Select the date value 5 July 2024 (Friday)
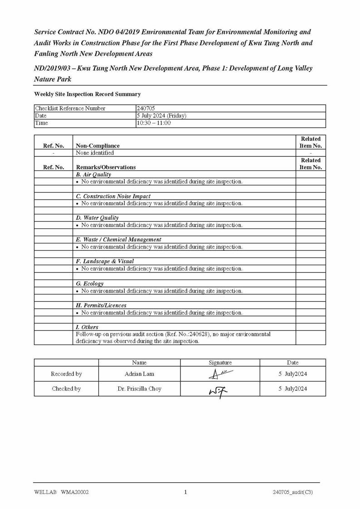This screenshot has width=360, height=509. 162,116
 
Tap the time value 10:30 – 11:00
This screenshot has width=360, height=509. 154,123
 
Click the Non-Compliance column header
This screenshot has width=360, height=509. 98,146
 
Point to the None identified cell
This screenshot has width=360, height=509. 95,153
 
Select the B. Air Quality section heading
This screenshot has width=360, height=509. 93,175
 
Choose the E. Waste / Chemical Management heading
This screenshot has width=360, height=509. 119,239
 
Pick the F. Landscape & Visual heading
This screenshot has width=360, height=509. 105,262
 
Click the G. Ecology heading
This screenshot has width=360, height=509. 90,284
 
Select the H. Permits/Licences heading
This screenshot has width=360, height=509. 101,305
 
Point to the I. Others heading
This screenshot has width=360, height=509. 87,327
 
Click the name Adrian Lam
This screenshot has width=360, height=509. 139,374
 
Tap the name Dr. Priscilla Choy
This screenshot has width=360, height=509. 139,388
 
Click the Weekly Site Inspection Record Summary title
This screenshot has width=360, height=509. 87,94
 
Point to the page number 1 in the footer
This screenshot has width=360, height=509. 185,492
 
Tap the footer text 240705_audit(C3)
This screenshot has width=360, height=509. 292,492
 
